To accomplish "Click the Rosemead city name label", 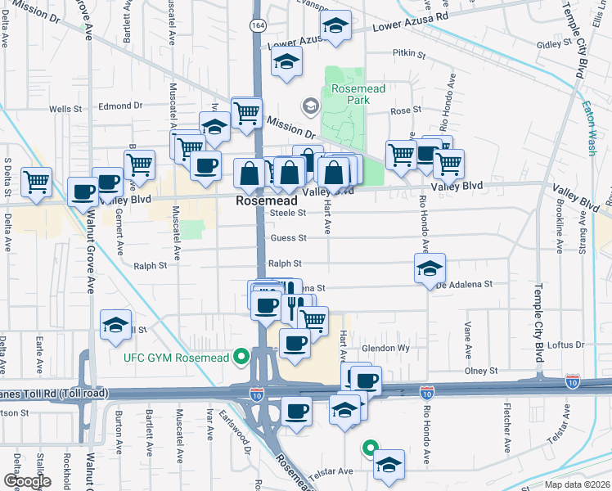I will click(263, 200).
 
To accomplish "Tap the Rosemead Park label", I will click(350, 94).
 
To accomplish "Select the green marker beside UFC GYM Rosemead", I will click(241, 357).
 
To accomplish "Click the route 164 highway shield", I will click(256, 27).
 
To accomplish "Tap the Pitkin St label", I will click(410, 55).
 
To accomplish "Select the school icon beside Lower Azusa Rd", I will click(335, 27).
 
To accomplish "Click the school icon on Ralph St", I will click(430, 268).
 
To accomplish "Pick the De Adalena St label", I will click(463, 284).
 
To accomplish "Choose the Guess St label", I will click(290, 238).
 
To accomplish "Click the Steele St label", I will click(289, 213).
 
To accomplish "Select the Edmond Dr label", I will click(120, 106).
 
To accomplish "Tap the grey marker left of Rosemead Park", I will click(310, 106).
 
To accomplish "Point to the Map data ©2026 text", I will click(576, 484).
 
